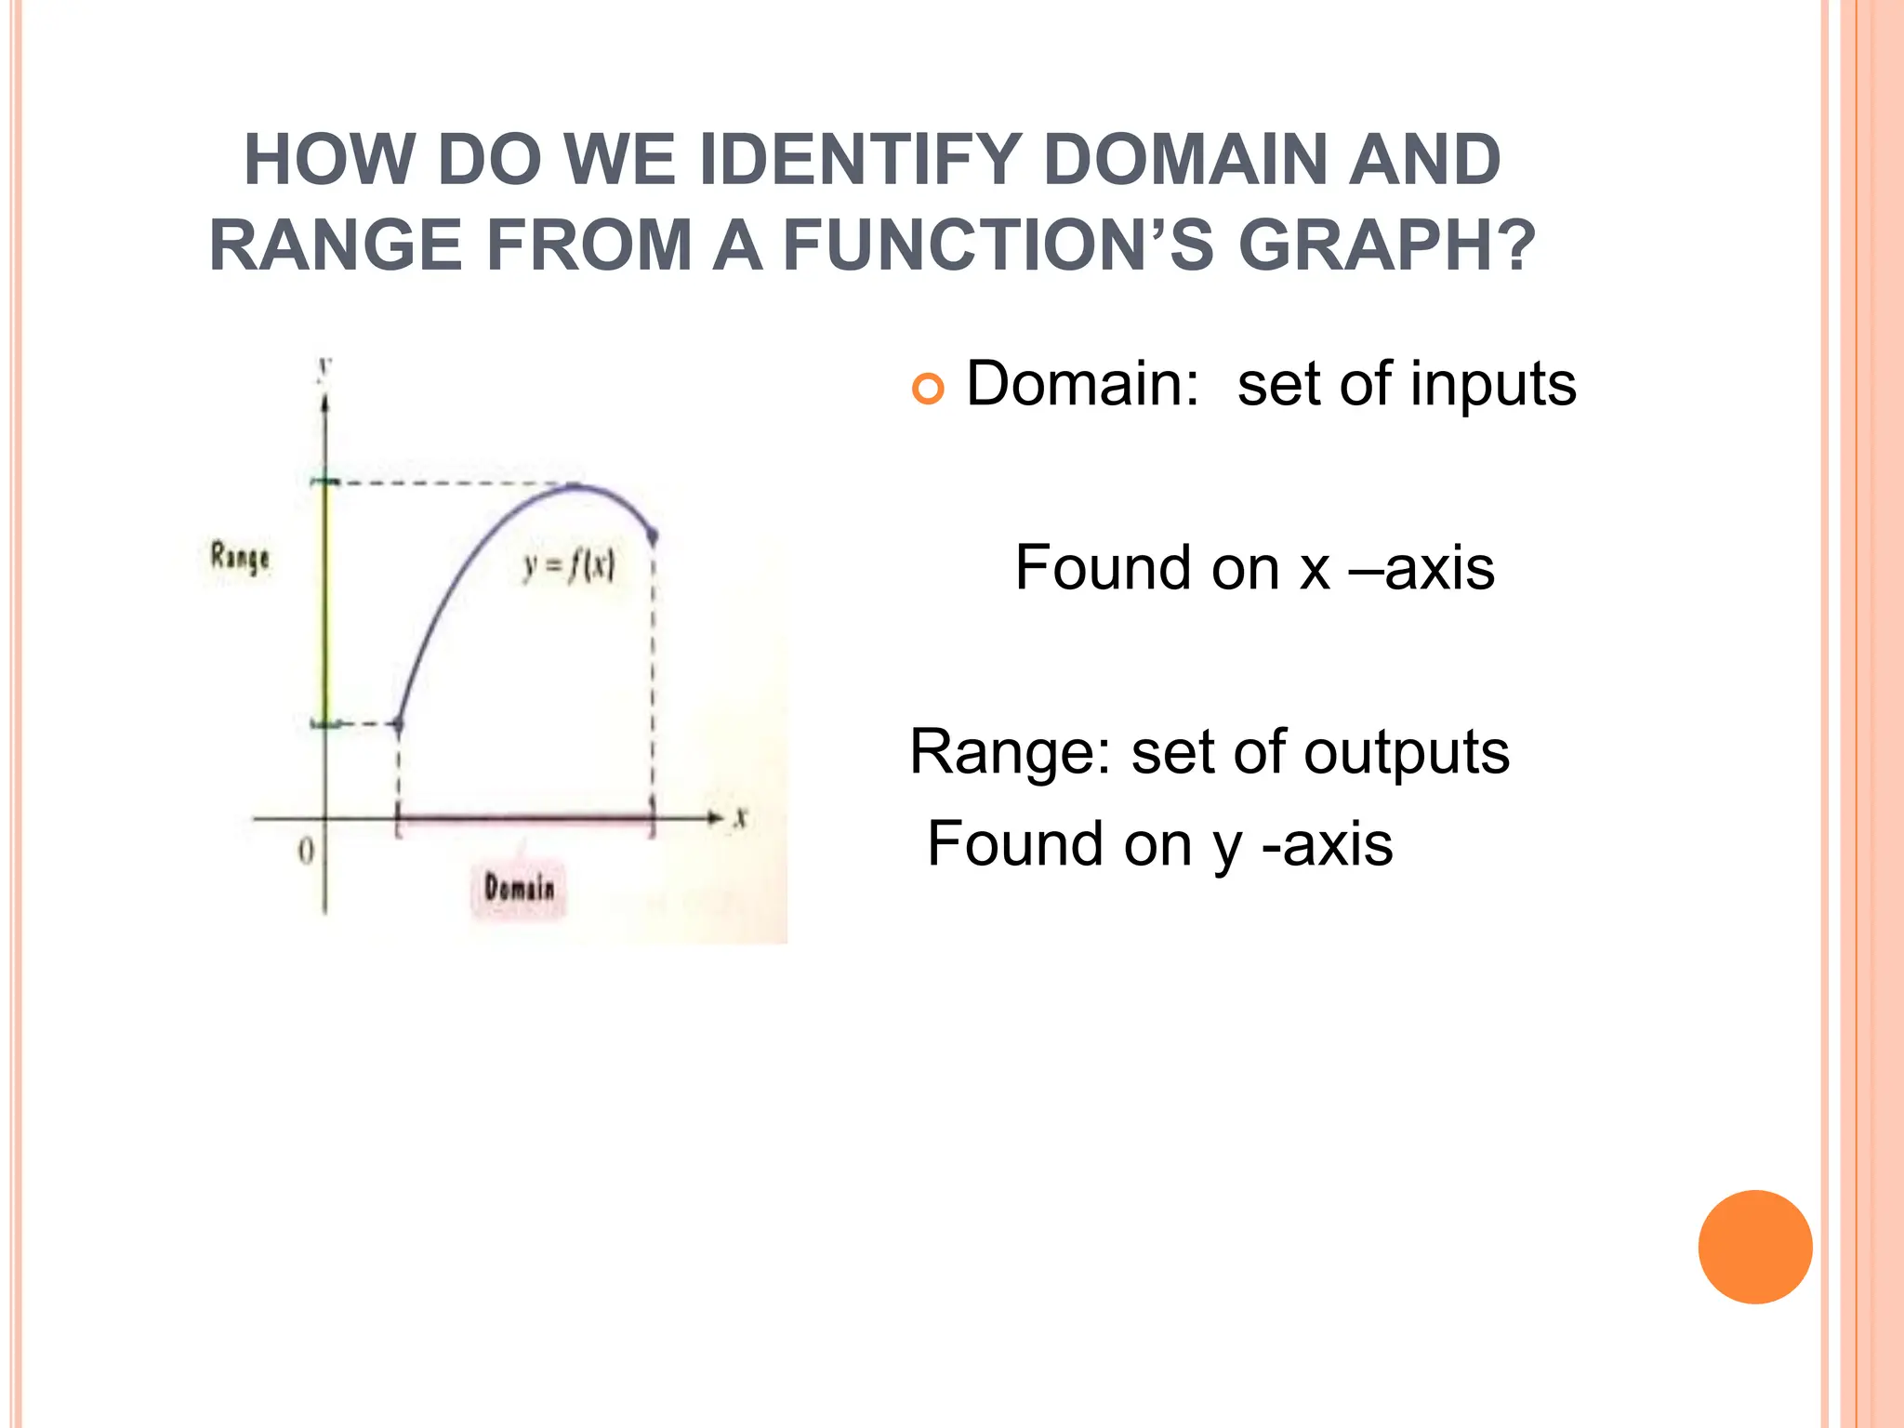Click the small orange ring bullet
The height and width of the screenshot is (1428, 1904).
click(928, 388)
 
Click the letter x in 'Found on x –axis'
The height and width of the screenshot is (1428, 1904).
click(1315, 569)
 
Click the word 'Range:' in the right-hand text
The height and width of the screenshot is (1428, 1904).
click(1010, 753)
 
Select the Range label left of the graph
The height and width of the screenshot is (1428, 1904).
click(240, 558)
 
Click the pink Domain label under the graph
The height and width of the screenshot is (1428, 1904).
click(519, 888)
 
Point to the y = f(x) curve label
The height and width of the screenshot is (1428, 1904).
click(568, 565)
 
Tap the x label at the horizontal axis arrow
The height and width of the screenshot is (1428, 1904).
click(741, 818)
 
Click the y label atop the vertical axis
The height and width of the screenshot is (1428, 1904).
click(324, 369)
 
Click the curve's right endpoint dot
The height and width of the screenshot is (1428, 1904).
click(653, 535)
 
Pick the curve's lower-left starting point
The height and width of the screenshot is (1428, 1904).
click(398, 724)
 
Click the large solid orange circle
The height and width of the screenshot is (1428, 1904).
click(1754, 1247)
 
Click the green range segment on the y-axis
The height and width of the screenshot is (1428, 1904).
click(325, 604)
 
